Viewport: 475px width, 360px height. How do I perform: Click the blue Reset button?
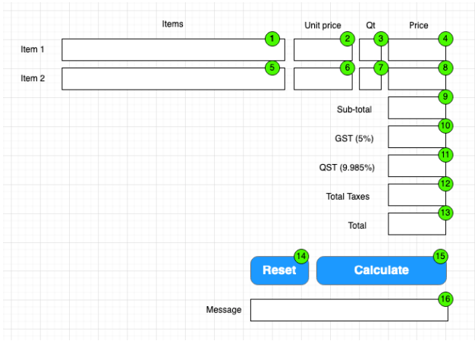click(279, 270)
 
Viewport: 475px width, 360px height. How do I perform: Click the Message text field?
click(348, 310)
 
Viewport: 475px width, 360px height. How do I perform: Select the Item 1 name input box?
click(172, 49)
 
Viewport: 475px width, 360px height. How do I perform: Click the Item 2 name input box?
click(172, 79)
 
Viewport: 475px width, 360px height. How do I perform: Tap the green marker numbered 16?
click(445, 299)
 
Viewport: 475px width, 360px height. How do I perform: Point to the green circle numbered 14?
click(301, 256)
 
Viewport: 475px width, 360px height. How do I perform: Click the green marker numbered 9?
click(445, 96)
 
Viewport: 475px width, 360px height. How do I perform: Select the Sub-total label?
click(354, 109)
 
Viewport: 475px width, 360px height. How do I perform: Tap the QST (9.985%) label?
click(347, 167)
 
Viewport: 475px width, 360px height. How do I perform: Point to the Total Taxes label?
click(348, 197)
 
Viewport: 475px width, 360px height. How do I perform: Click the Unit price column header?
click(322, 25)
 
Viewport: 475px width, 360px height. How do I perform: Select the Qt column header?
click(370, 25)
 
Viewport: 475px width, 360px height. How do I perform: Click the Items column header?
click(172, 24)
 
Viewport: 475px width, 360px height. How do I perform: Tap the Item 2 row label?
click(33, 78)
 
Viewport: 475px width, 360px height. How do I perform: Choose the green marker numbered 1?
click(272, 39)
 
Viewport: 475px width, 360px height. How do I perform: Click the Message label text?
click(224, 310)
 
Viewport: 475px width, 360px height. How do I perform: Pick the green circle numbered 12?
click(445, 184)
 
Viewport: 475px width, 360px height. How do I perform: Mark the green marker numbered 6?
click(347, 68)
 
